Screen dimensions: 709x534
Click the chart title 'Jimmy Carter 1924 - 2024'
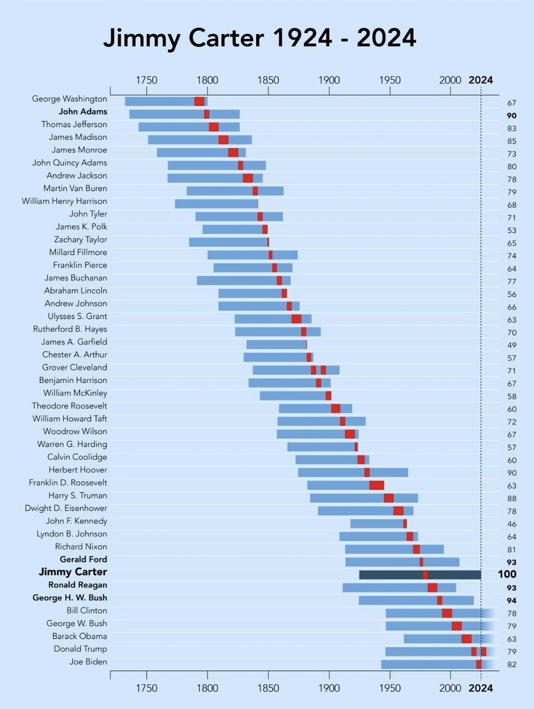pyautogui.click(x=260, y=38)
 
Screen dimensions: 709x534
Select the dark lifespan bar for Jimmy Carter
pyautogui.click(x=420, y=574)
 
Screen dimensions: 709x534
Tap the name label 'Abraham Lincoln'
pyautogui.click(x=76, y=291)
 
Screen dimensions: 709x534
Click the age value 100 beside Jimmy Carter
pyautogui.click(x=507, y=575)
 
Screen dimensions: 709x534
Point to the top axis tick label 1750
pyautogui.click(x=146, y=80)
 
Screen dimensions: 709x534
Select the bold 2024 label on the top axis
pyautogui.click(x=480, y=80)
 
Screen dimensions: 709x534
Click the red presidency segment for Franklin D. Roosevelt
pyautogui.click(x=377, y=485)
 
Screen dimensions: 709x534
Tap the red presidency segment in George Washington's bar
pyautogui.click(x=199, y=101)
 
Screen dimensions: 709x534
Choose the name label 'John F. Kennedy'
pyautogui.click(x=76, y=521)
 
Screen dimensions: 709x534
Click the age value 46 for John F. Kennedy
pyautogui.click(x=512, y=524)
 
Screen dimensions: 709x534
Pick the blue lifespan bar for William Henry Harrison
pyautogui.click(x=216, y=204)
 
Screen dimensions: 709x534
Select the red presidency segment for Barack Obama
pyautogui.click(x=467, y=639)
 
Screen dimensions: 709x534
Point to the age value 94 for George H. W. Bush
pyautogui.click(x=512, y=601)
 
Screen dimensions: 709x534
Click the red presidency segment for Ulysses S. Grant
pyautogui.click(x=296, y=319)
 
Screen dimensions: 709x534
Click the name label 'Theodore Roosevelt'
pyautogui.click(x=69, y=406)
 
